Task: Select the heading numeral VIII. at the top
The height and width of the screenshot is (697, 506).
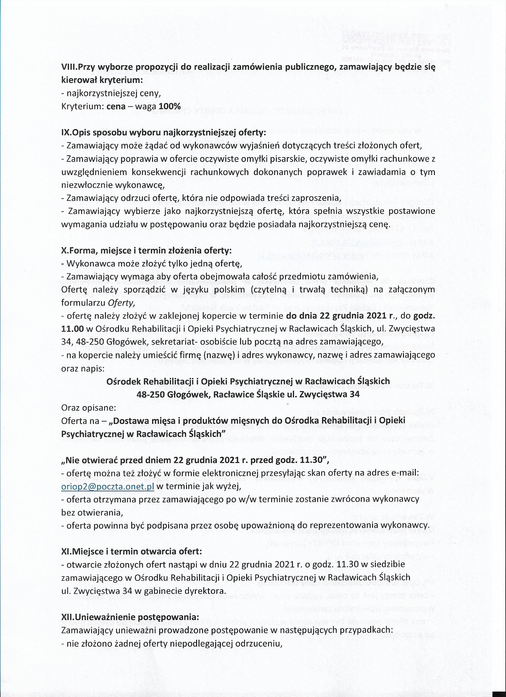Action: [70, 67]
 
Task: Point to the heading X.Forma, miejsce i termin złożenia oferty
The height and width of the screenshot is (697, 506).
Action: [146, 250]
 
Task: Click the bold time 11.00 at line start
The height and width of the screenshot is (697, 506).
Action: [72, 329]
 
